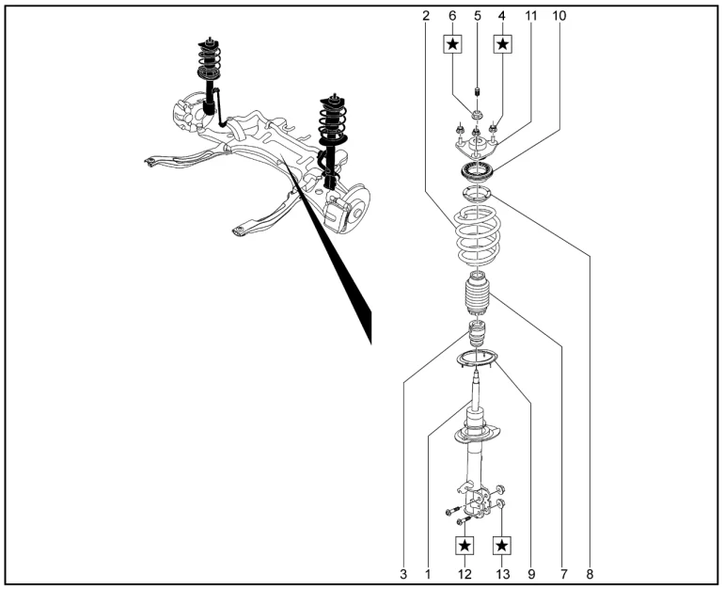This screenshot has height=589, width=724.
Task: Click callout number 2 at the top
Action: [x=426, y=16]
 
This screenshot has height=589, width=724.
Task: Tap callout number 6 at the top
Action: [x=452, y=16]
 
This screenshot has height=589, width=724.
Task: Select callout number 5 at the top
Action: [x=478, y=16]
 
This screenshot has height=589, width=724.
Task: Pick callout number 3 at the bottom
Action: [x=403, y=574]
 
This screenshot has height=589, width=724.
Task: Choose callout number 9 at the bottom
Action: [x=531, y=574]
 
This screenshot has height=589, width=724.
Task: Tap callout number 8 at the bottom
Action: [x=590, y=574]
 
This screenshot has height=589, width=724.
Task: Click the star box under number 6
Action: [x=453, y=44]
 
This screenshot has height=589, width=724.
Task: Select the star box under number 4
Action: [x=503, y=44]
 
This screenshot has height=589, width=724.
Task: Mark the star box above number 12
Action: [x=465, y=546]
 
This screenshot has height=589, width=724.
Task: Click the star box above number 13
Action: [x=502, y=546]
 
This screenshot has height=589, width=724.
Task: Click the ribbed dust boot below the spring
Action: [x=476, y=294]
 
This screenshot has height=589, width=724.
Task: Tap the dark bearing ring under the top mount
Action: [x=477, y=172]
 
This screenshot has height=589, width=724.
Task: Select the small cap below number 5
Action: [x=478, y=91]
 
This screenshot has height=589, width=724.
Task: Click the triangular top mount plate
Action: [x=477, y=146]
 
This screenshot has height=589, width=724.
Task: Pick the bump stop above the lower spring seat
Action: [x=477, y=333]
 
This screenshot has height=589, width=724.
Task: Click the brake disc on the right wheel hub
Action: [x=359, y=209]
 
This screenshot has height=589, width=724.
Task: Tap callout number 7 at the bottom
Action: [x=563, y=574]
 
